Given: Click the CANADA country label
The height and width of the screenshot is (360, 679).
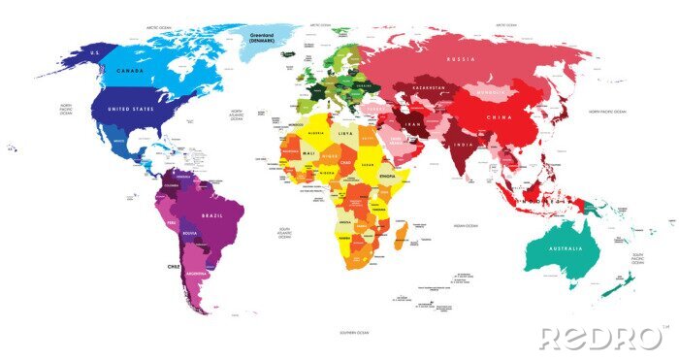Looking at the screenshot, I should (131, 71).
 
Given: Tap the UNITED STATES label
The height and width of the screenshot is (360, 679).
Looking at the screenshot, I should (132, 110).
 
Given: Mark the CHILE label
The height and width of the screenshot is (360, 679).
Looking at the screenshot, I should (173, 264).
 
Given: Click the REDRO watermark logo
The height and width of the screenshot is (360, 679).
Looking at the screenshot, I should (601, 338).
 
